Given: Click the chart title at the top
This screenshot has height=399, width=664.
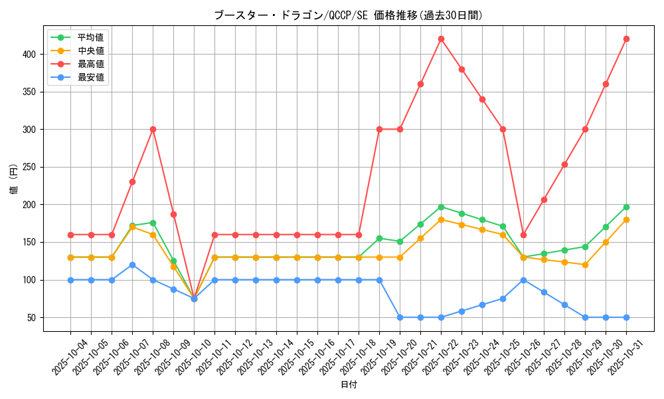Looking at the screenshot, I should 348,15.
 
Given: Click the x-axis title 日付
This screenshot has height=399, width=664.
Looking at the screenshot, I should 349,385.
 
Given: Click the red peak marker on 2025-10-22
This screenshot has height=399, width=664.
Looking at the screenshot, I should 441,39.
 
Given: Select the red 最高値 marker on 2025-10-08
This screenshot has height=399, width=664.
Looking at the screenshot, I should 153,129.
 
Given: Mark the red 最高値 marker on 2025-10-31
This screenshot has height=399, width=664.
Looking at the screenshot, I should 626,39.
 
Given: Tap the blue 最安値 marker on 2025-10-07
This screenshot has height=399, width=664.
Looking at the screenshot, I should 132,265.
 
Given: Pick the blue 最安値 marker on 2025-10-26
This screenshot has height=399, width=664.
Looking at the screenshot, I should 523,280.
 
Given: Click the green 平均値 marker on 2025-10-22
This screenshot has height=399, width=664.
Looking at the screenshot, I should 441,207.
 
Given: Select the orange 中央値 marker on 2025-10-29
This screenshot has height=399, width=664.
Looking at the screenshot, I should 585,265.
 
